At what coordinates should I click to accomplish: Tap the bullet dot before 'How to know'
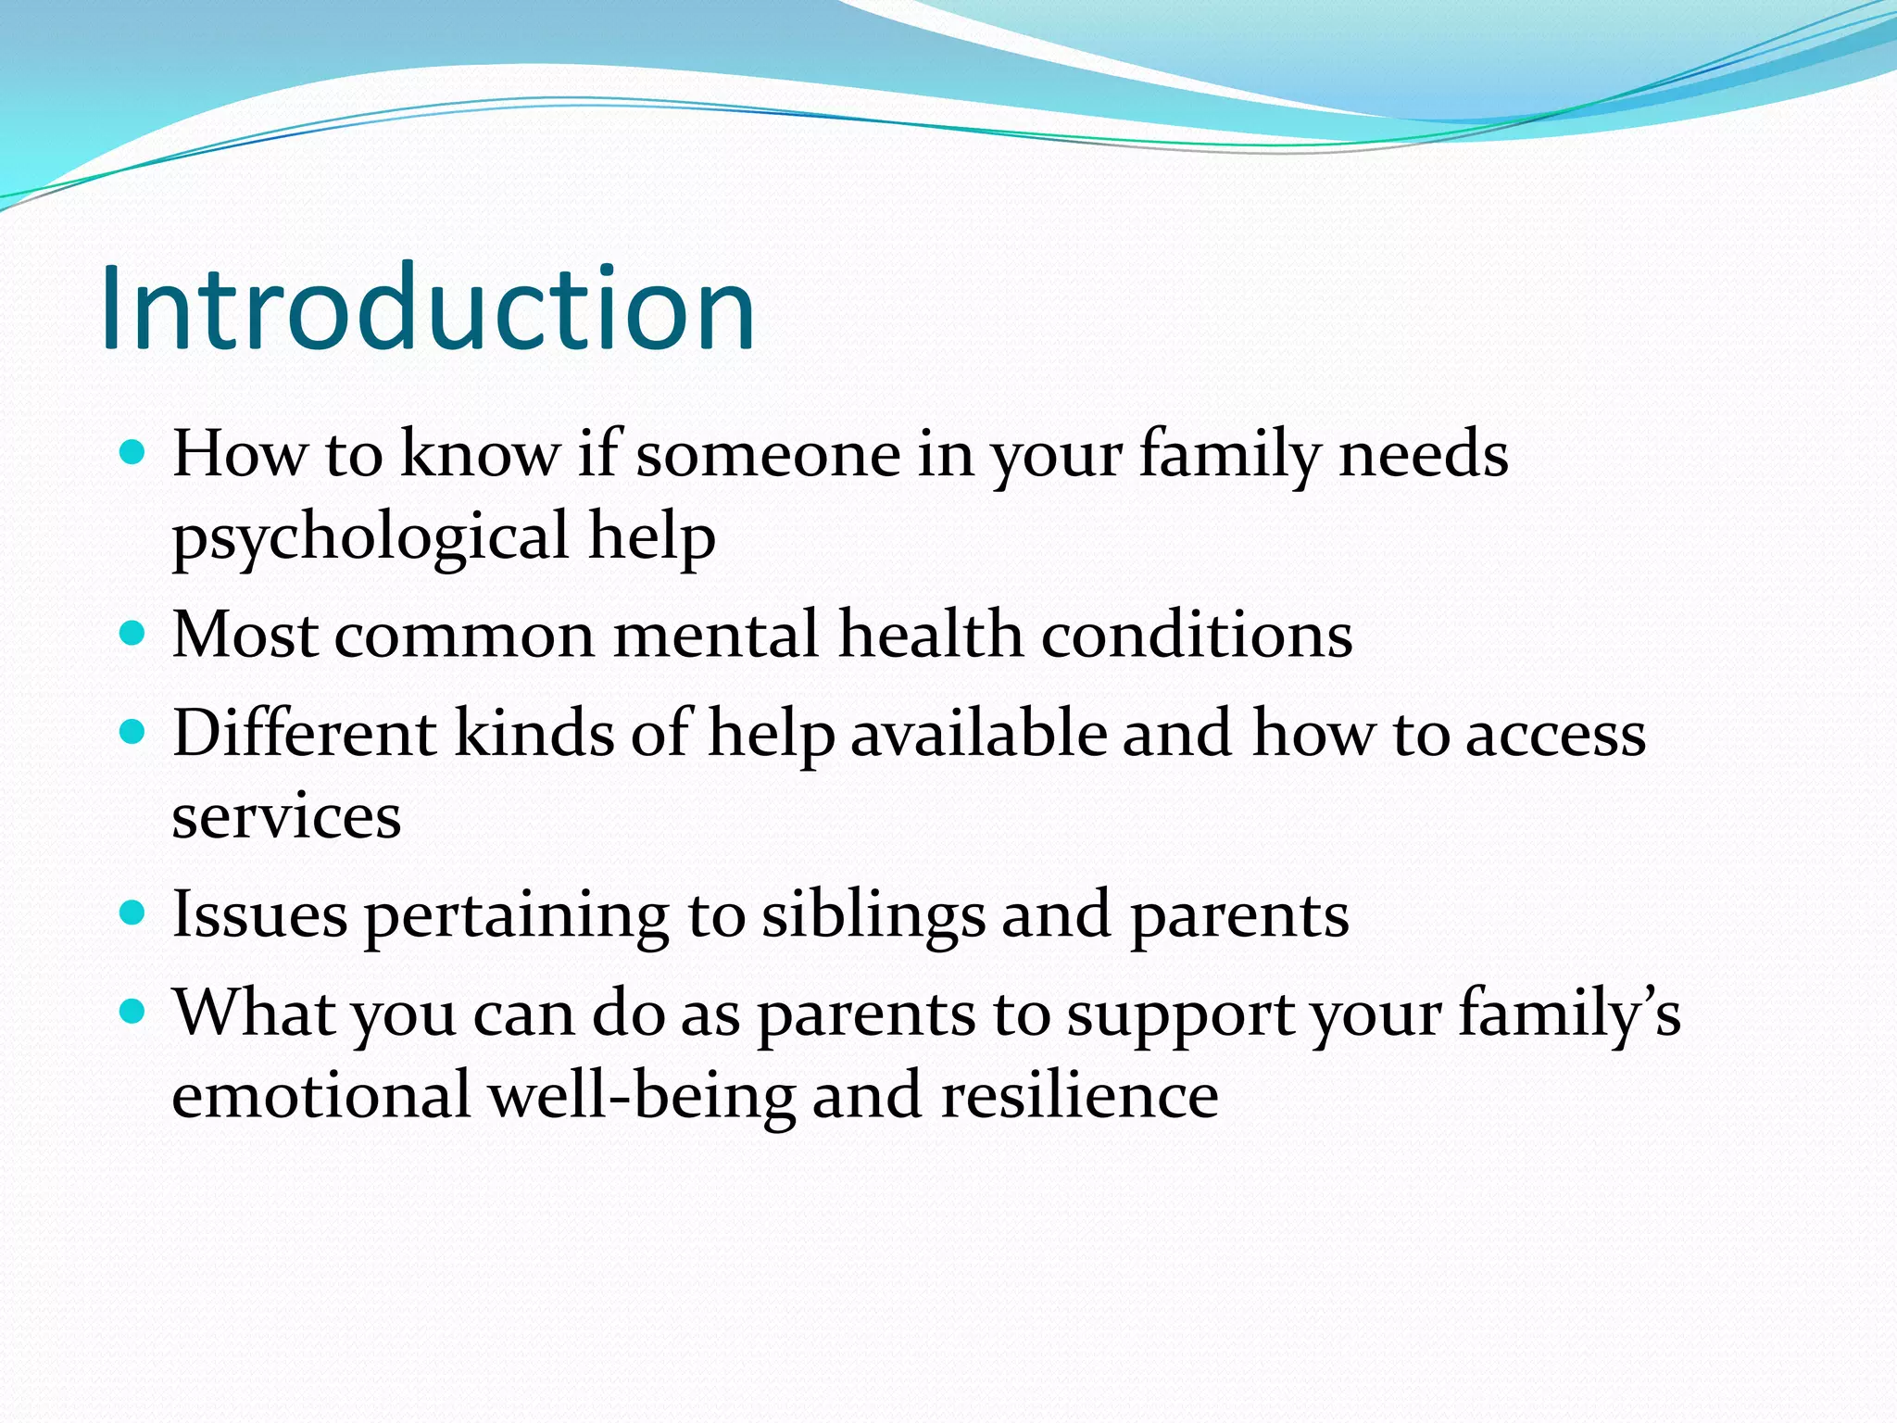pos(133,452)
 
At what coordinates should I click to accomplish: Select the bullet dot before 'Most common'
pos(133,634)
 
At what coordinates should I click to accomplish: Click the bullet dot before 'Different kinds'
pos(133,733)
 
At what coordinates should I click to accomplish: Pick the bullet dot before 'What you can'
pos(133,1012)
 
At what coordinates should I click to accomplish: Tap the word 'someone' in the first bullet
pos(768,455)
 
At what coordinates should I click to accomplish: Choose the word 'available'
pos(978,734)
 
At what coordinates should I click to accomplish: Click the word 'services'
pos(286,817)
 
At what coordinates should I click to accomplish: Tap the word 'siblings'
pos(873,915)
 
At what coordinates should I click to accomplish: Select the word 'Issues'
pos(260,915)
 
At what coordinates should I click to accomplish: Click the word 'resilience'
pos(1079,1096)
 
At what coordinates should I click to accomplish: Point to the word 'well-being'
pos(641,1096)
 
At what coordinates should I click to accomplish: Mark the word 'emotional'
pos(321,1096)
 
